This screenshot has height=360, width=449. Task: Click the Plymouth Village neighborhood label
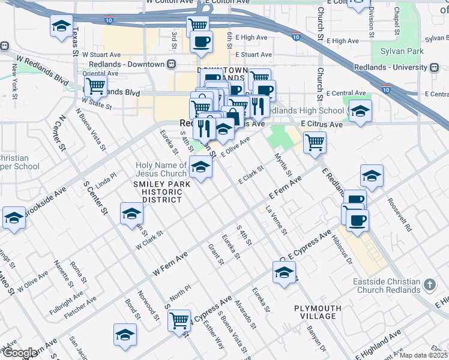click(318, 312)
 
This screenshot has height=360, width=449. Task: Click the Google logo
click(19, 353)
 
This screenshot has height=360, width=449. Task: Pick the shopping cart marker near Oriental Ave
click(95, 86)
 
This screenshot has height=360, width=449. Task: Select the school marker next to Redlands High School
click(360, 111)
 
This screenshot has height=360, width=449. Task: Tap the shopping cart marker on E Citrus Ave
click(315, 143)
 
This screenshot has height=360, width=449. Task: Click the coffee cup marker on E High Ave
click(201, 41)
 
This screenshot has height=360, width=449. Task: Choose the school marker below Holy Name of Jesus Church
click(201, 167)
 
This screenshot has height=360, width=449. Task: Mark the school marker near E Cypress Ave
click(284, 272)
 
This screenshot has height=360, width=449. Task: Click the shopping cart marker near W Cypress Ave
click(179, 320)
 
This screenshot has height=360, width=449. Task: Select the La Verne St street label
click(277, 220)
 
